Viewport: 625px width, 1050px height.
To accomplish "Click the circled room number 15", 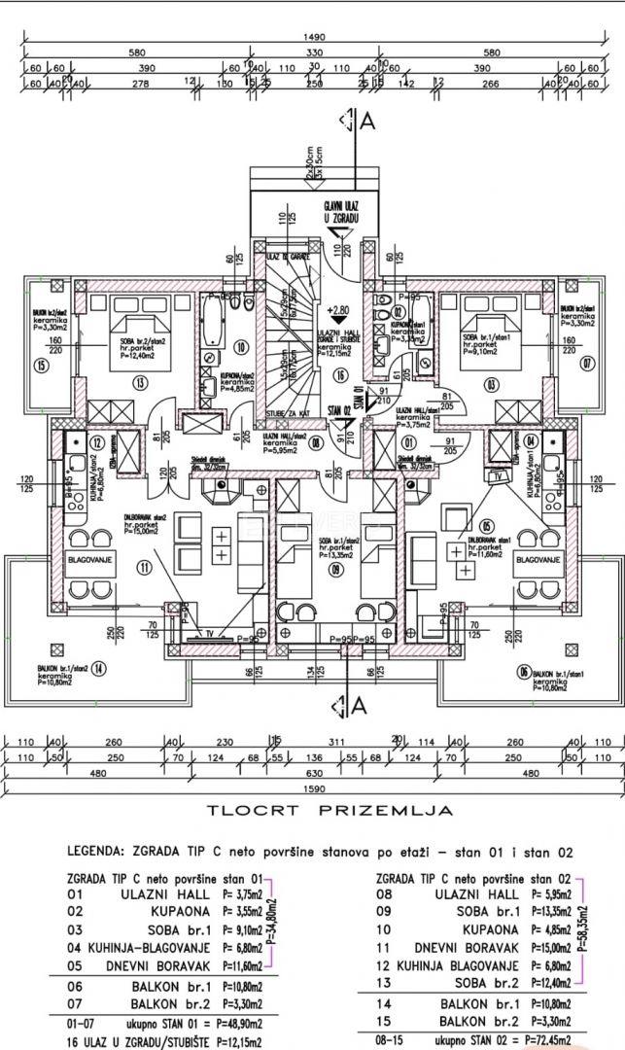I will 41,366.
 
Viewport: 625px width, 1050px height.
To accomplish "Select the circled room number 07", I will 586,364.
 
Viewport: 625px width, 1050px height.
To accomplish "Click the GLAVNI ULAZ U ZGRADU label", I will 343,213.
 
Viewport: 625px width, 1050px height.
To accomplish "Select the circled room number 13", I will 140,384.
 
